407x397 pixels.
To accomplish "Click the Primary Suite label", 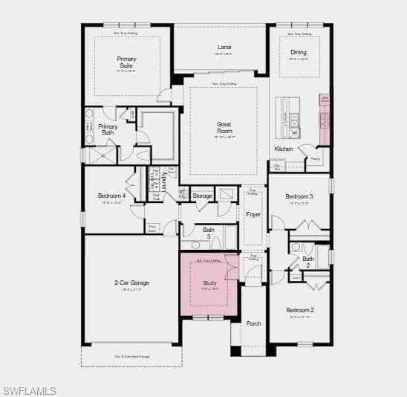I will pyautogui.click(x=126, y=62).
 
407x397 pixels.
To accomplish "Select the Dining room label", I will pyautogui.click(x=298, y=52).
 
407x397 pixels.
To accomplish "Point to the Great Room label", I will pyautogui.click(x=224, y=128).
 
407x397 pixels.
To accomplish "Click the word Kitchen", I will pyautogui.click(x=284, y=149).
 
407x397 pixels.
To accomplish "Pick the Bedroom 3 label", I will pyautogui.click(x=301, y=196).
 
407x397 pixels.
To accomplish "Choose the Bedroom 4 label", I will pyautogui.click(x=111, y=196).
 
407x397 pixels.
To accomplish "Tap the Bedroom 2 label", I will pyautogui.click(x=301, y=310).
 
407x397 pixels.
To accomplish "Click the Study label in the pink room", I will pyautogui.click(x=209, y=283).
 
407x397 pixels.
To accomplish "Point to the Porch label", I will pyautogui.click(x=254, y=323).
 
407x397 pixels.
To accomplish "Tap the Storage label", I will pyautogui.click(x=202, y=196).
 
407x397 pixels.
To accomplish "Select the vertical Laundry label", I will pyautogui.click(x=163, y=182).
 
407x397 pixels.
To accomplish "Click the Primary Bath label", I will pyautogui.click(x=108, y=129).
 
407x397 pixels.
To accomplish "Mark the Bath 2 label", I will pyautogui.click(x=307, y=262).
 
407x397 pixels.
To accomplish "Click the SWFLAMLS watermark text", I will pyautogui.click(x=30, y=390).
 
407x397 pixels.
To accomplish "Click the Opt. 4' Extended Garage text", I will pyautogui.click(x=131, y=357).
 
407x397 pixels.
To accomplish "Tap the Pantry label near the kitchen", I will pyautogui.click(x=316, y=158).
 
